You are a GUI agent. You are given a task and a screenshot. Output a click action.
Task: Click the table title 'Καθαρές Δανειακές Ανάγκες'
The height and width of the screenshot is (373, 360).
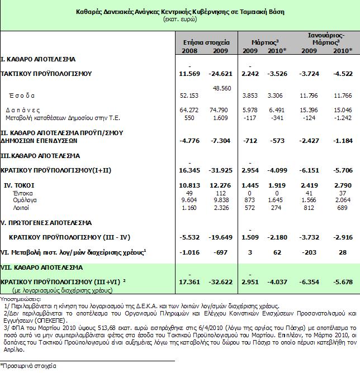point(179,10)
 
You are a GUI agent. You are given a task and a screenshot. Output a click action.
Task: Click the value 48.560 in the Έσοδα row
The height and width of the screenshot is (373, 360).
point(221,88)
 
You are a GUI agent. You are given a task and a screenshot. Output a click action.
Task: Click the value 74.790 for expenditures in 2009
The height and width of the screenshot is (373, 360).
point(221,110)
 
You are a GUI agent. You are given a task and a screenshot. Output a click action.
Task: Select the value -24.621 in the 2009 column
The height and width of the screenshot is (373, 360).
point(220,73)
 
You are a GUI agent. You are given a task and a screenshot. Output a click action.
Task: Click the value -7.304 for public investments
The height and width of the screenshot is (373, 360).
point(221,138)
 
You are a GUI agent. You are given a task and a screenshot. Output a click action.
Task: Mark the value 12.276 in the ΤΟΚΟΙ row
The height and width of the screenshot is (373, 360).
point(221,184)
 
